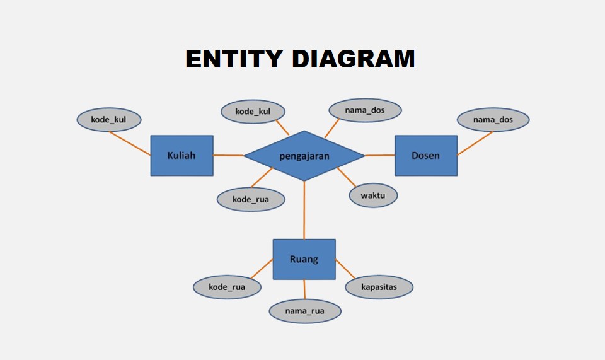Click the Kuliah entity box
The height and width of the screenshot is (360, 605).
coord(181,156)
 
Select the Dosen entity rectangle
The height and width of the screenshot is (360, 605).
coord(426,156)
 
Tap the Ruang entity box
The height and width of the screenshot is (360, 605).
coord(304,259)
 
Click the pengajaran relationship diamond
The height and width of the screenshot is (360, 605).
coord(304,156)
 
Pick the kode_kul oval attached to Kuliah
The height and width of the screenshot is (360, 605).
coord(109,120)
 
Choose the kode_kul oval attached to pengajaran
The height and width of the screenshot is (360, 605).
coord(253,112)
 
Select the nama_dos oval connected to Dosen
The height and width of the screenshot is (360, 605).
coord(493,120)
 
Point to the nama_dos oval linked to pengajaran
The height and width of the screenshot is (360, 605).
coord(365,110)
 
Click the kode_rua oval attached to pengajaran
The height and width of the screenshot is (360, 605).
coord(251,199)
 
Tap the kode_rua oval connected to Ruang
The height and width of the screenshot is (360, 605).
coord(228,287)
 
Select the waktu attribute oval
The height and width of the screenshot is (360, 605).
coord(373,195)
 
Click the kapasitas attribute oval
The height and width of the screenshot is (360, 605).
coord(379,287)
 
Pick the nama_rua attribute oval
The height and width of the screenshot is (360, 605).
coord(305,311)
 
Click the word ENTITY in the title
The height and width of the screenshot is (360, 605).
coord(234,59)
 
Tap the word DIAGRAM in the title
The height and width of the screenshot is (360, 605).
coord(354,59)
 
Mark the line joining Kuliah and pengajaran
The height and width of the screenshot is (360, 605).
coord(228,156)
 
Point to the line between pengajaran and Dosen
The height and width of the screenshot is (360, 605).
coord(379,156)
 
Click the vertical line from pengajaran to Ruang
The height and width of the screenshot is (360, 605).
coord(304,211)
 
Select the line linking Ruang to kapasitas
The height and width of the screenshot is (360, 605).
coord(345,269)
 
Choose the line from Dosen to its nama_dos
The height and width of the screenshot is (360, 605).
coord(475,144)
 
